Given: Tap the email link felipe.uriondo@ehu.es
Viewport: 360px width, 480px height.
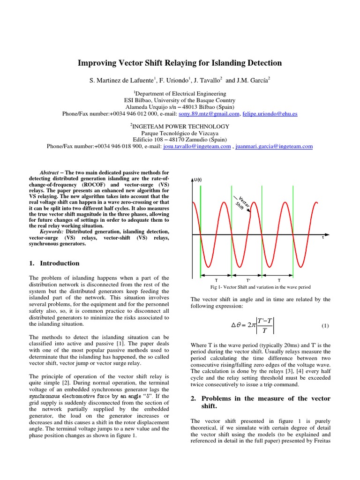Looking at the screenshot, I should coord(270,114).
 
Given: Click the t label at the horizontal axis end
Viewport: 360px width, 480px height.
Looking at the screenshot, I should coord(322,238).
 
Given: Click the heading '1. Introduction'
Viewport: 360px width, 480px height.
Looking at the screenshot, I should coord(54,263).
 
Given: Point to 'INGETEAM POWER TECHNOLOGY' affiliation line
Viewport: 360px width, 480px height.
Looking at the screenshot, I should coord(180,127).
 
